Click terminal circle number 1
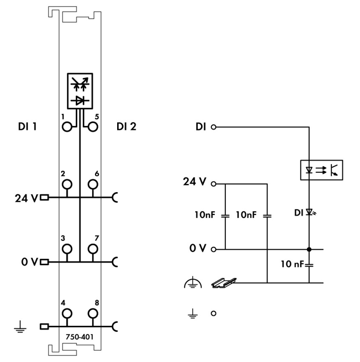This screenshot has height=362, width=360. [x=67, y=127]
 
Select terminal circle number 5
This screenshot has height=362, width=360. [x=93, y=127]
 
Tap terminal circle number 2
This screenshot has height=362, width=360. [x=67, y=184]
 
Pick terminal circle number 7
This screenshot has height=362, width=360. [x=93, y=249]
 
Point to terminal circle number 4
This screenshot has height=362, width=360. [x=67, y=313]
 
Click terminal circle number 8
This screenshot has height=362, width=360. [x=93, y=313]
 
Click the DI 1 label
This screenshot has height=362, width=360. [x=27, y=126]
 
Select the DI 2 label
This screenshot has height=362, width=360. [x=126, y=126]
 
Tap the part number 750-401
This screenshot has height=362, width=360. [x=79, y=337]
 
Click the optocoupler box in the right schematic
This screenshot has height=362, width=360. [x=321, y=170]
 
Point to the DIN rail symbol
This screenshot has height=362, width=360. [x=224, y=283]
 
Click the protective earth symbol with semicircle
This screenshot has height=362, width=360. [x=193, y=284]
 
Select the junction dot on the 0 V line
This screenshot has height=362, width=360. [x=309, y=249]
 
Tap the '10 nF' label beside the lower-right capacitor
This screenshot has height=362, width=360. [x=292, y=264]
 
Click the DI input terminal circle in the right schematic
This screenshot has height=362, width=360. [x=213, y=127]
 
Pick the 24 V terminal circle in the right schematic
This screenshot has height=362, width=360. [x=213, y=184]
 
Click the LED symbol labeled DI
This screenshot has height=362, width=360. [x=310, y=212]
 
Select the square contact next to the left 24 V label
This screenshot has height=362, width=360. [x=44, y=197]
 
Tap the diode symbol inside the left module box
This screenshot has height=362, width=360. [x=80, y=101]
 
